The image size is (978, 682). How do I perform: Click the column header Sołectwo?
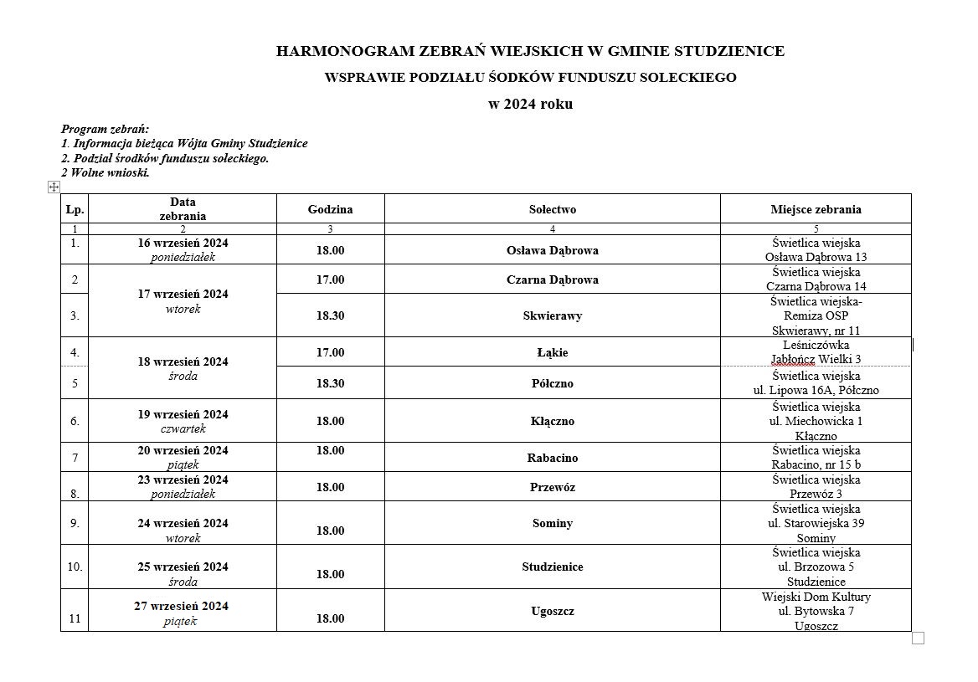[552, 209]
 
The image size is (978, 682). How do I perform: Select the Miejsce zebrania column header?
[816, 209]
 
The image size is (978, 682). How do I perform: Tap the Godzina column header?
[330, 209]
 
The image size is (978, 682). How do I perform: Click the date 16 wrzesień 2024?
[183, 243]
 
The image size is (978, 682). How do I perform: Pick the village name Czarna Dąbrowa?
[552, 279]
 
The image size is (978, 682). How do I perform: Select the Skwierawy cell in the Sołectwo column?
[552, 315]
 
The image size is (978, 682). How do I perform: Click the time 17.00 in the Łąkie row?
[330, 352]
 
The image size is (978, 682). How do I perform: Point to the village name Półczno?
[552, 383]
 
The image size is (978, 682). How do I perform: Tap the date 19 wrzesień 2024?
[183, 414]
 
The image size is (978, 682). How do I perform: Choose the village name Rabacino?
[552, 458]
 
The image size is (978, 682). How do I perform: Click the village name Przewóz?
[552, 487]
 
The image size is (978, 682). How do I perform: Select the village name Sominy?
[552, 523]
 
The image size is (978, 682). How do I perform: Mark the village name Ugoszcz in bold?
[552, 611]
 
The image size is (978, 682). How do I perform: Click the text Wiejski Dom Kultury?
[816, 597]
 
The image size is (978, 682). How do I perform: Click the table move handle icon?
[54, 187]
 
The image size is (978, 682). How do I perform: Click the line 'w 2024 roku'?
[531, 105]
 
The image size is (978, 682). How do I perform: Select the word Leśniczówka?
[816, 344]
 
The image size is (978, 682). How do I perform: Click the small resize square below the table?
[918, 638]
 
